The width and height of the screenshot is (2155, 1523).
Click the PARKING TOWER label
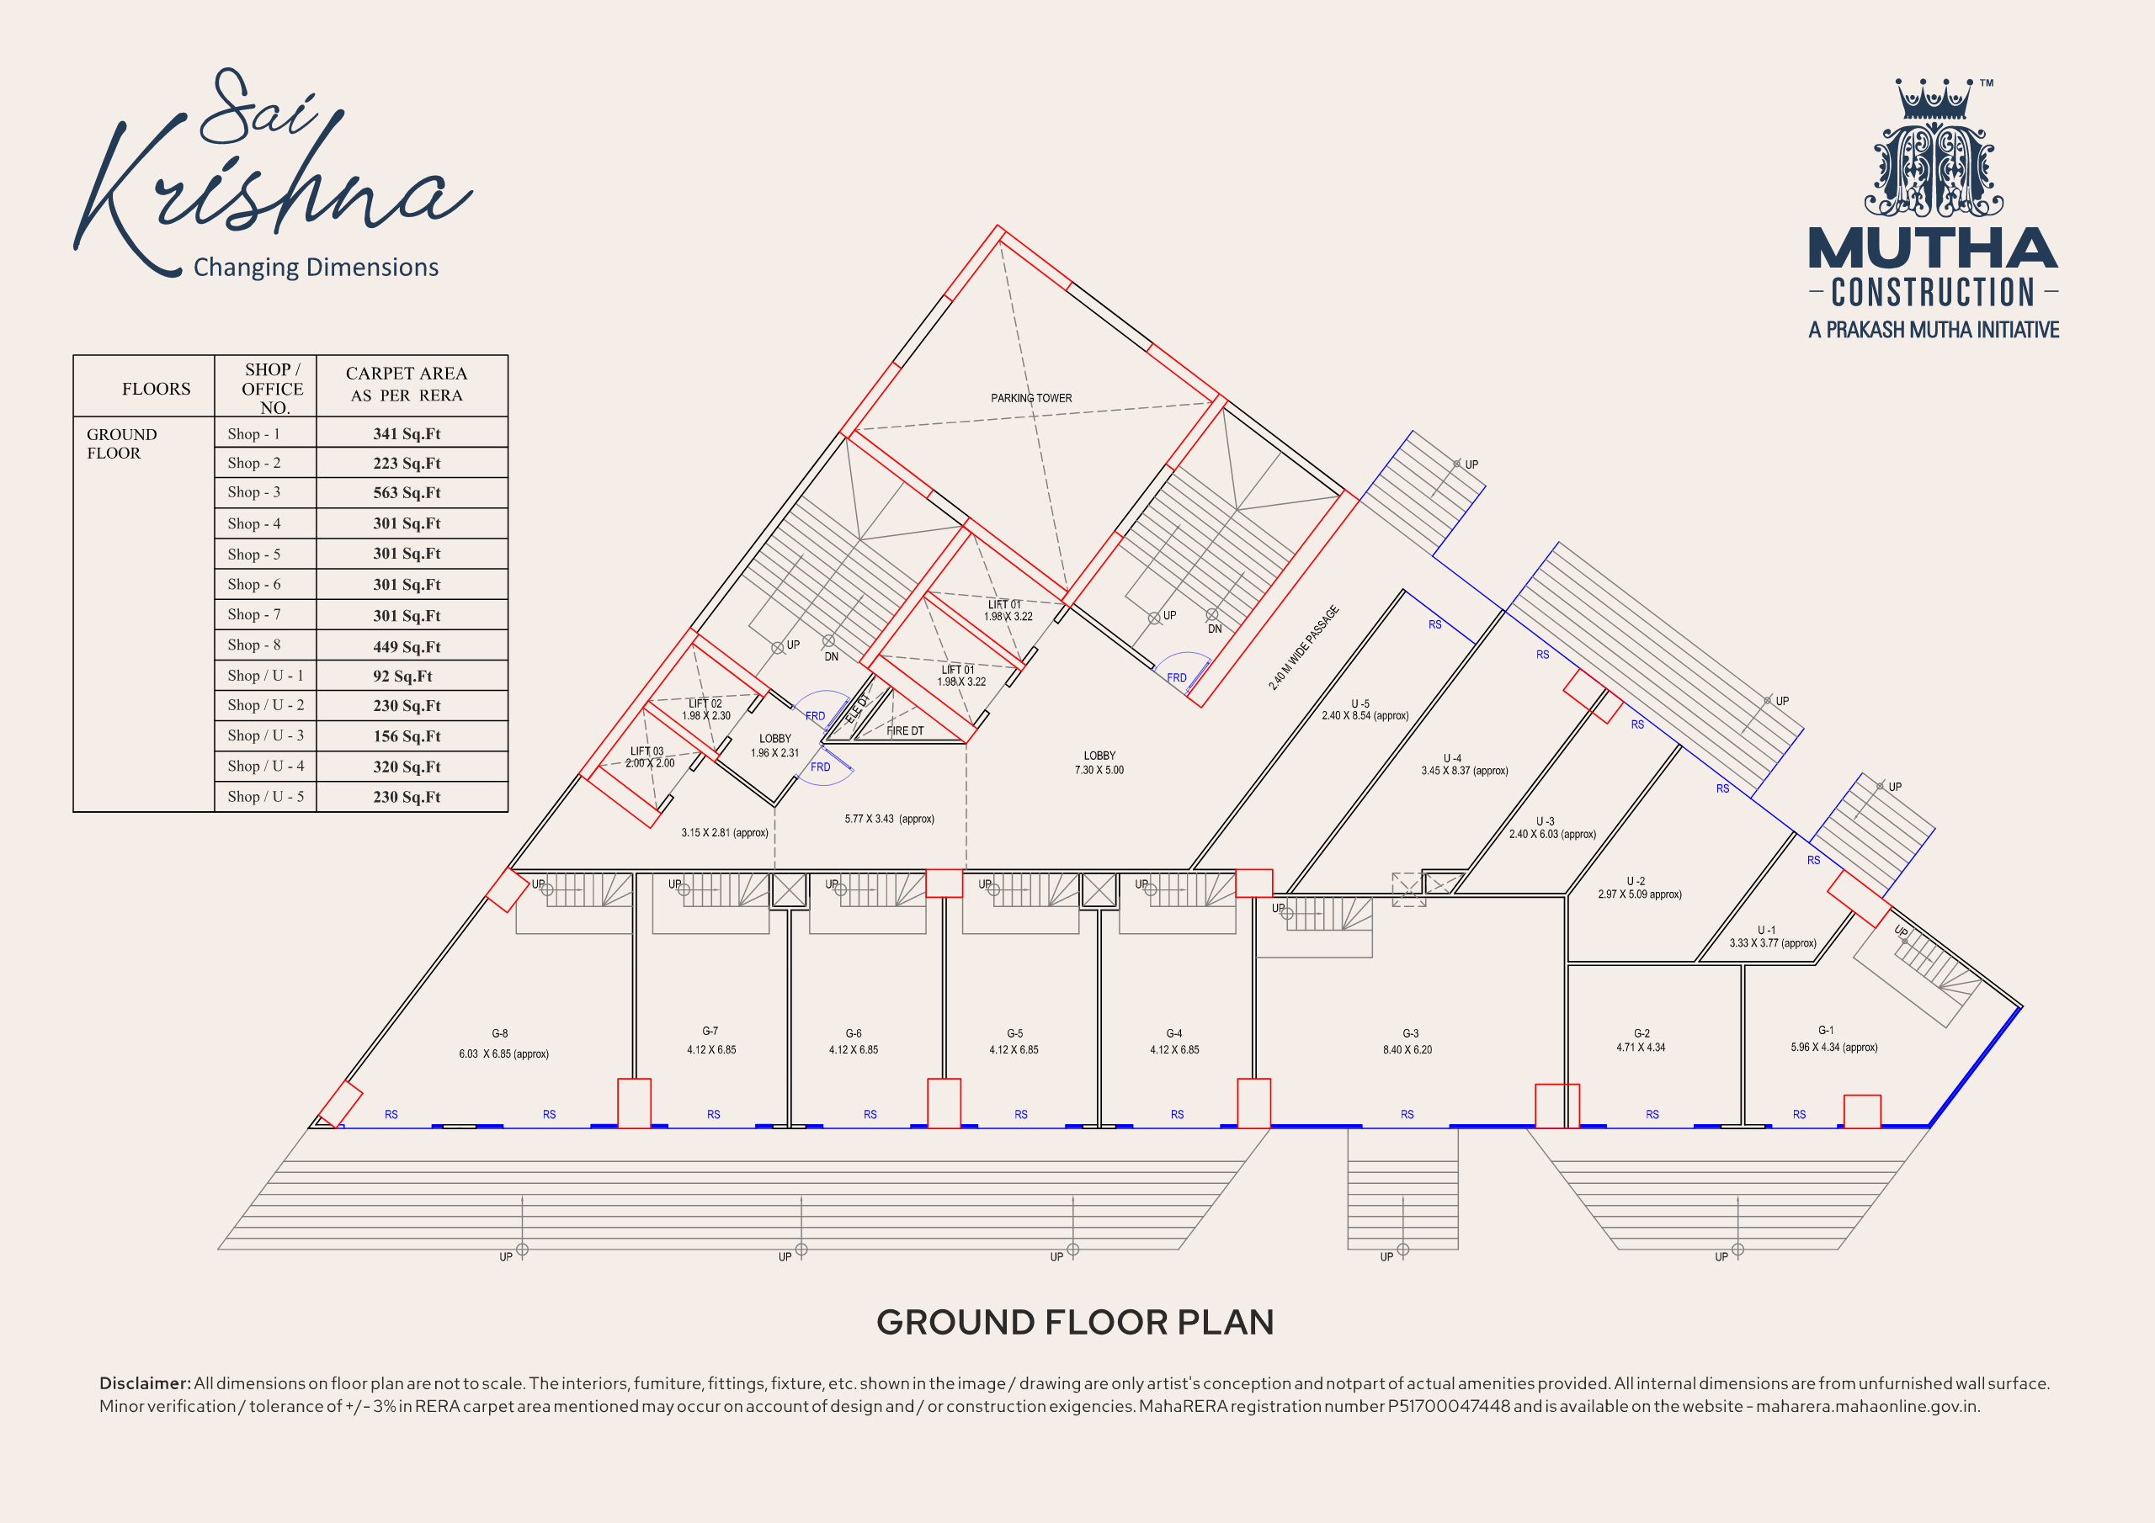click(1030, 398)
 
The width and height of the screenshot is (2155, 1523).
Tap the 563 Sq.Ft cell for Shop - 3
click(407, 492)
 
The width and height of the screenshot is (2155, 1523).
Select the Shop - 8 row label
click(253, 645)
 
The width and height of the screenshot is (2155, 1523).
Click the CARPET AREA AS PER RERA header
click(407, 384)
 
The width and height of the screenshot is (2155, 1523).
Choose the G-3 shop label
click(1410, 1033)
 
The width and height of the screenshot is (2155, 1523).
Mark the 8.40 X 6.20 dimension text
click(1407, 1050)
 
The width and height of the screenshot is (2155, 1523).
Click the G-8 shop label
click(499, 1033)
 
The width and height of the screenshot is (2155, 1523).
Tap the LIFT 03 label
click(646, 751)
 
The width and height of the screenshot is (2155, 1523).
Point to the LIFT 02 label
click(705, 703)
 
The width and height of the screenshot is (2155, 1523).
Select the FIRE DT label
click(905, 731)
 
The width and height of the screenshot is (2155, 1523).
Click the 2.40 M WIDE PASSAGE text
click(1304, 648)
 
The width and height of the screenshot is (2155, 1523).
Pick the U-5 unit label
click(1360, 703)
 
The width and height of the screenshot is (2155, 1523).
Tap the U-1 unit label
click(1765, 930)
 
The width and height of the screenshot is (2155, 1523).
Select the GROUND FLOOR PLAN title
click(1075, 1322)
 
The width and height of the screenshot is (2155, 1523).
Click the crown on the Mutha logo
click(1934, 99)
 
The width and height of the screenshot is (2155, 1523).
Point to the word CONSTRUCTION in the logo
click(1933, 293)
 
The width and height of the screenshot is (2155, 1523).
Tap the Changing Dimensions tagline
click(316, 268)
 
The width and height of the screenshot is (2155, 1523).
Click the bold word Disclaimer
click(145, 1383)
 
